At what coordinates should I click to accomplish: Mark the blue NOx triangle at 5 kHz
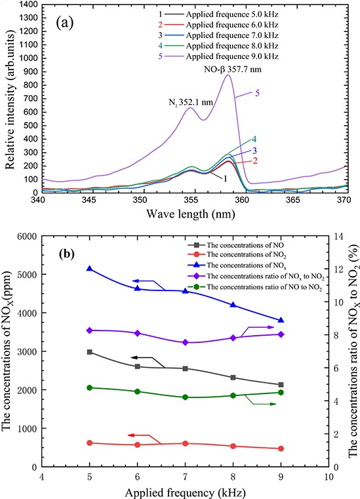pos(90,269)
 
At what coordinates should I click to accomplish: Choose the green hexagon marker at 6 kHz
pos(138,373)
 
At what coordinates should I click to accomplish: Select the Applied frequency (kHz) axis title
pos(186,490)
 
